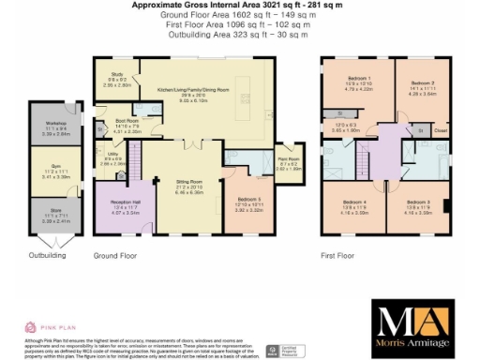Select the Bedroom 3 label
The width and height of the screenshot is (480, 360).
click(418, 202)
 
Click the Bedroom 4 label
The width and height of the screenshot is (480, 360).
click(353, 202)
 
